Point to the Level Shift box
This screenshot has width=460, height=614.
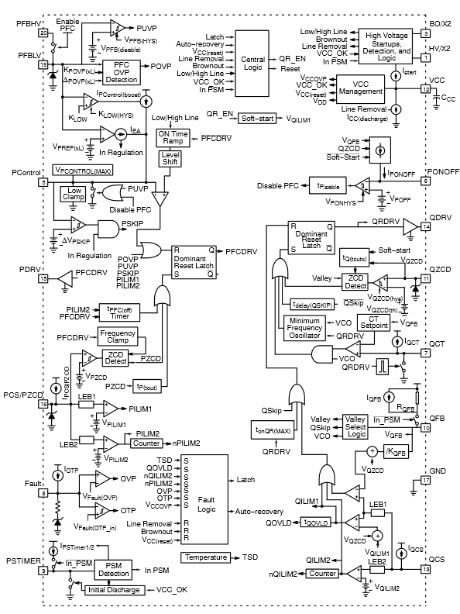tap(170, 160)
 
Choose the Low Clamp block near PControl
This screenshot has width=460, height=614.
tap(75, 194)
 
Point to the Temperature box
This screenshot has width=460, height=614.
tap(205, 557)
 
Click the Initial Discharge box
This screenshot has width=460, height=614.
tap(115, 590)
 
